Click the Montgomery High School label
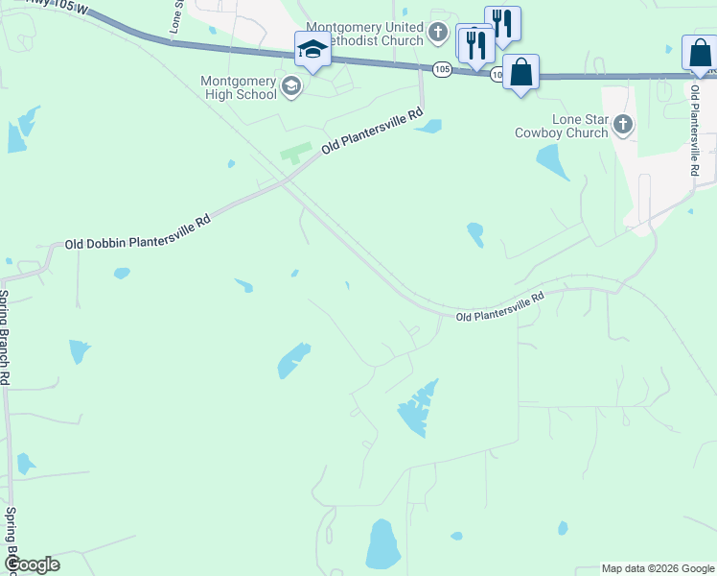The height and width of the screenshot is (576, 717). pos(238,88)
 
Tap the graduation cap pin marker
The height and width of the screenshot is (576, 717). pos(312,49)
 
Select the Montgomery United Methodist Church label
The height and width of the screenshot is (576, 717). pos(363,34)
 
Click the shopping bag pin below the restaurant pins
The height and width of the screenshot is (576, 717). pos(520,72)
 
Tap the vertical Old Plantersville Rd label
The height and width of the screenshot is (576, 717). pos(694,129)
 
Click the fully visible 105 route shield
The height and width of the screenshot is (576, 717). pos(442,69)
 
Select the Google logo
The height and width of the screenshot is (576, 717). pos(32,564)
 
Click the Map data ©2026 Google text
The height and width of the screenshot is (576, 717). pos(657,567)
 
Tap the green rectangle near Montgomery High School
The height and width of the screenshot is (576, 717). pos(296,153)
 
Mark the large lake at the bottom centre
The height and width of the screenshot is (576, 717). pos(383,544)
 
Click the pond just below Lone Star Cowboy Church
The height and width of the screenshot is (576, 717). pos(553,162)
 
